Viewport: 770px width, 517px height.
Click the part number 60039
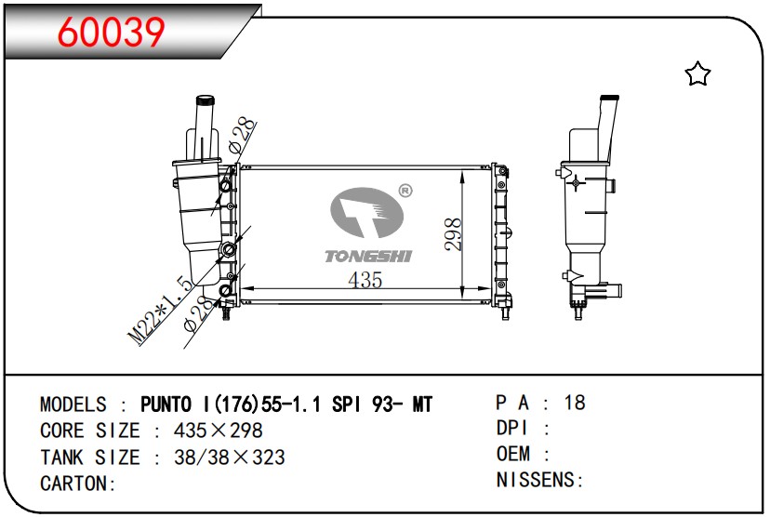click(112, 33)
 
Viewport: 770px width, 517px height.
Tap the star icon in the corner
click(697, 74)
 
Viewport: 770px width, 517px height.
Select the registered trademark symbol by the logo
click(405, 191)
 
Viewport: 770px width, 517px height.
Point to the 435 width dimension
click(365, 280)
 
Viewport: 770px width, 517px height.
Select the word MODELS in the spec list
click(73, 404)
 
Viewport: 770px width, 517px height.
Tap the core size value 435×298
click(206, 431)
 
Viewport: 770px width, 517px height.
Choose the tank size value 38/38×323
click(218, 457)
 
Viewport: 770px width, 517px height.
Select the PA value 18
click(575, 403)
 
